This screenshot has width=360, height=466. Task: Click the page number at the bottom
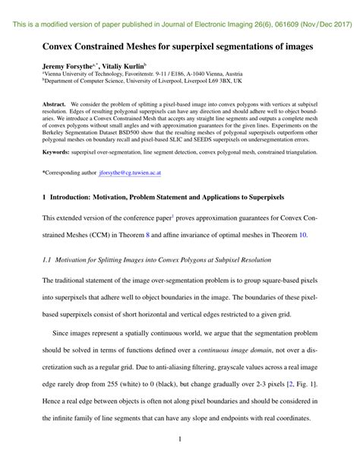179,439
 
